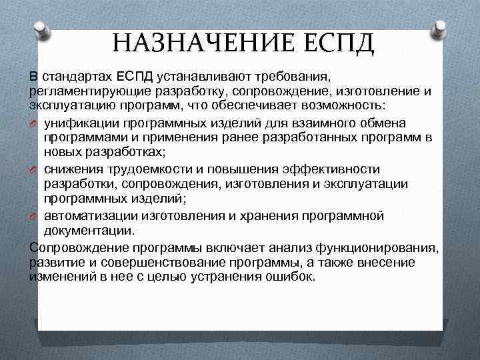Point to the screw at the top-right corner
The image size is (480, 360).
pos(439,29)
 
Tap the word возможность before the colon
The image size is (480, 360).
pos(339,105)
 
